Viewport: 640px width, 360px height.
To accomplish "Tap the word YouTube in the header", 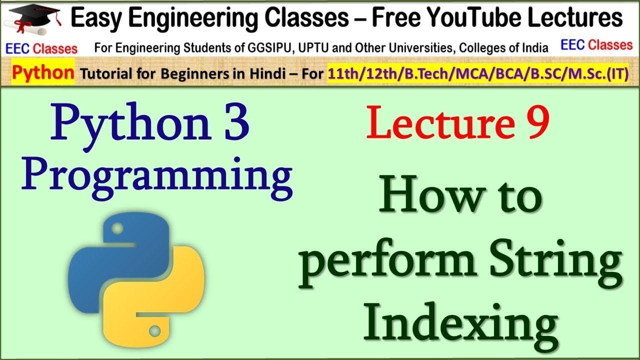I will pos(510,18).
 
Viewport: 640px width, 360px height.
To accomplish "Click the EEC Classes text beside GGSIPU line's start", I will pos(41,48).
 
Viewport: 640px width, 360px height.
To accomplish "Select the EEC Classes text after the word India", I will pos(596,45).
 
